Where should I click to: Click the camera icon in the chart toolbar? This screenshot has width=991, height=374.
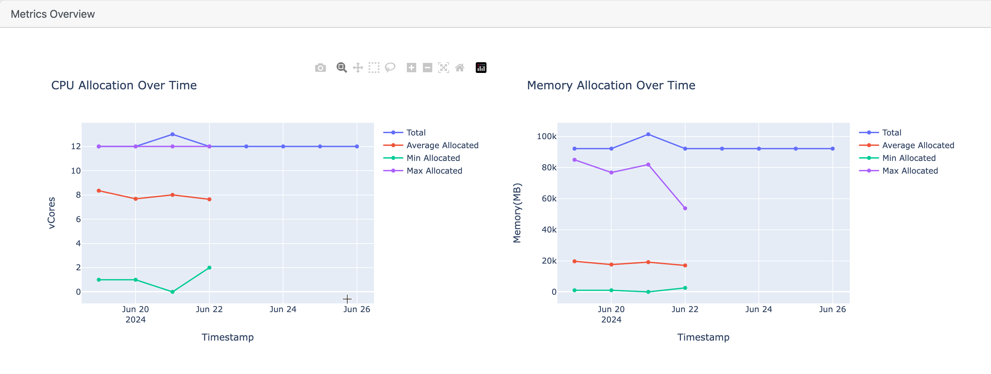[320, 68]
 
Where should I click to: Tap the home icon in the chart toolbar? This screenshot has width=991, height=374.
[459, 68]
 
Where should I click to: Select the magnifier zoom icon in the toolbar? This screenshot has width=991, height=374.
[341, 68]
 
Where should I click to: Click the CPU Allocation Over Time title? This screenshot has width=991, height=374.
[124, 85]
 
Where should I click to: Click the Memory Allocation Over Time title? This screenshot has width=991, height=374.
[611, 85]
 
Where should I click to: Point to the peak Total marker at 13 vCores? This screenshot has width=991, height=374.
[172, 134]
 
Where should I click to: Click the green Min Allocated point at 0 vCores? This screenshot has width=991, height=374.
[172, 292]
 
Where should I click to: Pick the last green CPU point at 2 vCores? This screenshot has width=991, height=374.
[209, 267]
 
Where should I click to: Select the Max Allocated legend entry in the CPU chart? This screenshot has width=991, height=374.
[434, 171]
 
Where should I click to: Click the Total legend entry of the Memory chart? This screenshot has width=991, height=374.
[891, 133]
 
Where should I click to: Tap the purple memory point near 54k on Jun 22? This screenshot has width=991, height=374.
[685, 208]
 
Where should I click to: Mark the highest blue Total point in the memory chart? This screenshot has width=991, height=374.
[648, 134]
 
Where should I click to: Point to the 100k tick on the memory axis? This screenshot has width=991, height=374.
[546, 136]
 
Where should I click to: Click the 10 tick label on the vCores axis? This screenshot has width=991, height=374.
[76, 171]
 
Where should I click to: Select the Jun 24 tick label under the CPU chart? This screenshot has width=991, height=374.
[283, 309]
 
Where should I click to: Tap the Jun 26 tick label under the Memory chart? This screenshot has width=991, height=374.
[832, 309]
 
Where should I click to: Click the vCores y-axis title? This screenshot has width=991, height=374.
[52, 213]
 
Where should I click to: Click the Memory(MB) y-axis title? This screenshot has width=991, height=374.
[517, 213]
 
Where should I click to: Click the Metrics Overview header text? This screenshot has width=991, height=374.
[53, 14]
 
